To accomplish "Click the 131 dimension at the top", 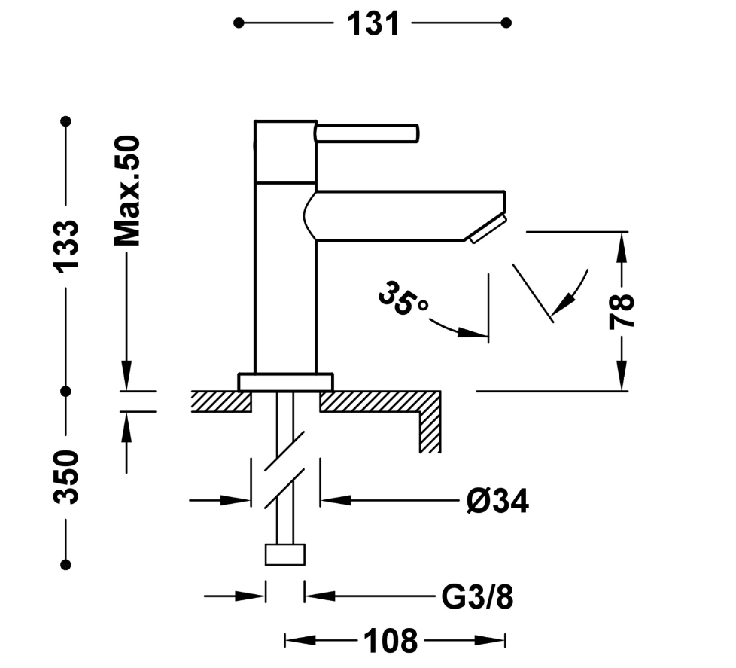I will coord(373,23).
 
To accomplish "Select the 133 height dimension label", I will coord(66,246).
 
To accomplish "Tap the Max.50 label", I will coord(127,191).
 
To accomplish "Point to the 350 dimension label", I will coord(66,477).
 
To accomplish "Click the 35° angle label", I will coord(403,299).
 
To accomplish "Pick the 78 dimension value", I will coord(622,311).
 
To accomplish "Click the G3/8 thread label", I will coord(477,597).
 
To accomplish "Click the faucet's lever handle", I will coord(366,133).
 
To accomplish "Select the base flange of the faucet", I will coord(285,382).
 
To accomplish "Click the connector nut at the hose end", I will coord(285,554).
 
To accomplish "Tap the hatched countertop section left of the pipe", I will coord(220,401).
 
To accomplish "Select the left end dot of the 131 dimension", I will coord(239,23).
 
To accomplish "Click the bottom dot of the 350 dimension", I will coord(66,564).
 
